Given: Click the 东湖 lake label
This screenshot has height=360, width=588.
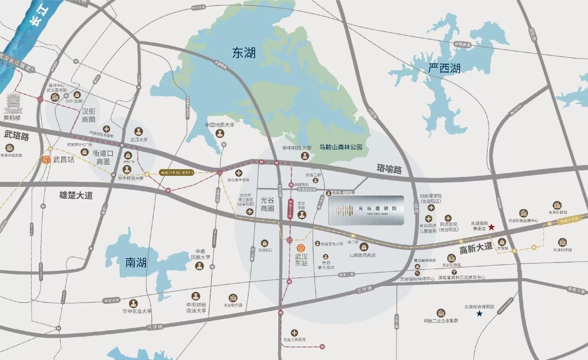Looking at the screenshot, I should tap(243, 53).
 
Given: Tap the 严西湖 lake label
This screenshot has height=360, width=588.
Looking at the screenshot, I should tap(444, 68).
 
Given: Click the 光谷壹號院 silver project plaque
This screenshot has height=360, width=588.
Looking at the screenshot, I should tap(366, 210).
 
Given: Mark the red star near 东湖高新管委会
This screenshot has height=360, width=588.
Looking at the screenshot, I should tap(492, 227).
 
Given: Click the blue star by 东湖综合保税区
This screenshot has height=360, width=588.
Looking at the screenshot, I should tap(480, 314).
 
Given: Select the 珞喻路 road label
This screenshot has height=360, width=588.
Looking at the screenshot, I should tap(389, 169).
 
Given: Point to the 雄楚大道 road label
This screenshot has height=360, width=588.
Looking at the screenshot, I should tap(76, 193).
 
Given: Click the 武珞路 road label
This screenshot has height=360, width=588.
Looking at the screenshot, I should tap(16, 136).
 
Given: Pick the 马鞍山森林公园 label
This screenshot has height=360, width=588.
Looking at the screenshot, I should tap(341, 147).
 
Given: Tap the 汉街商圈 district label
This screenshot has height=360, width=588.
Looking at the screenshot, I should tap(88, 115).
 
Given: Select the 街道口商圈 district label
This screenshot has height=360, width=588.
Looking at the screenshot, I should tap(103, 157).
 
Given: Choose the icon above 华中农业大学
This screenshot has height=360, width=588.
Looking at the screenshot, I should tap(133, 303).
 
